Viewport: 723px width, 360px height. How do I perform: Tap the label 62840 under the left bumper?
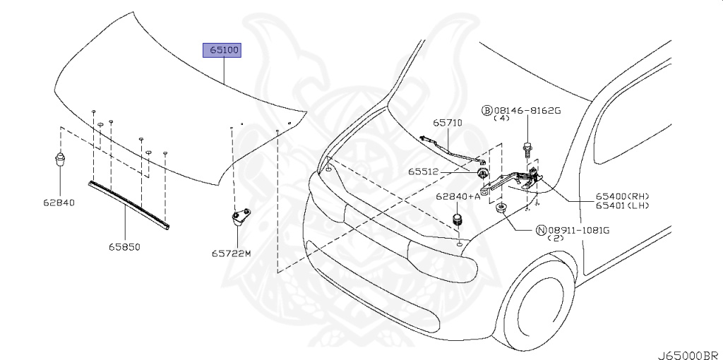59,203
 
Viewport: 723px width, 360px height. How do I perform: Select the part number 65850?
126,246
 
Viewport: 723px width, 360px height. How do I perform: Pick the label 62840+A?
458,197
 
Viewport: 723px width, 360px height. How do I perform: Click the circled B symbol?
486,110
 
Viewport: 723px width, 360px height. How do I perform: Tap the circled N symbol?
542,230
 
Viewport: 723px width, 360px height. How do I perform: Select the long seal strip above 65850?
128,204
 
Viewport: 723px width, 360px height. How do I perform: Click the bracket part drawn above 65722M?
239,215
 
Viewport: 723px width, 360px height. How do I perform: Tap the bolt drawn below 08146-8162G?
527,149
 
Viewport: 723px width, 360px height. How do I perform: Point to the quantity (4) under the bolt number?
501,119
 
